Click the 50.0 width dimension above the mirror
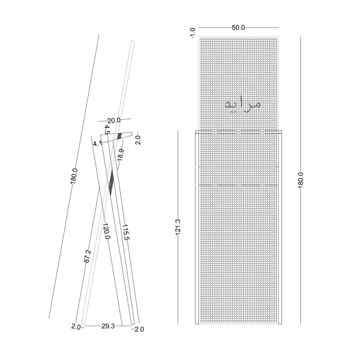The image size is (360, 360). (238, 28)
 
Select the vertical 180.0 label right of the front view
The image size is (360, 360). (301, 180)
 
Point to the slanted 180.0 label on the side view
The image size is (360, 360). (74, 176)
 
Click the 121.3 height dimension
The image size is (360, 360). (178, 227)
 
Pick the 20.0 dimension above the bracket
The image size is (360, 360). (114, 120)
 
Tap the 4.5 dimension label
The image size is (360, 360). (107, 129)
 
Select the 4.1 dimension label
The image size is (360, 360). (97, 144)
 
